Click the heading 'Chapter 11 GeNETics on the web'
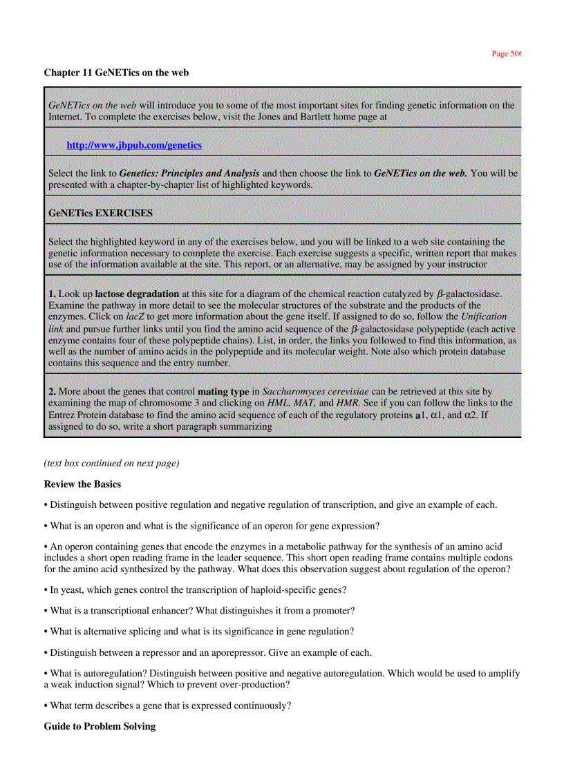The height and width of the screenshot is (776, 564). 116,73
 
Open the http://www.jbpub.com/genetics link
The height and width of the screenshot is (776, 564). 134,145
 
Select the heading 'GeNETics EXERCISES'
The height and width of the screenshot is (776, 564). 100,213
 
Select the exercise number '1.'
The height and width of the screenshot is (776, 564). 52,294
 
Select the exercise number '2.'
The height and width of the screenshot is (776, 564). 52,392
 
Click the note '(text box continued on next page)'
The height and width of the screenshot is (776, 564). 111,463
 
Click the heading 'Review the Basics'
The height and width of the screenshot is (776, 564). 82,484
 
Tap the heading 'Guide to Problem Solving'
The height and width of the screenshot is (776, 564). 100,726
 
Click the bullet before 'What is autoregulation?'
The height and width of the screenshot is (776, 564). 46,673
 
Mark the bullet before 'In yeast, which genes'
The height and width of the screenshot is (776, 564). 46,590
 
